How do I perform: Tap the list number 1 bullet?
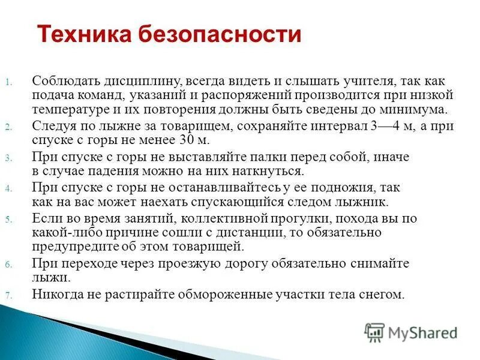click(8, 82)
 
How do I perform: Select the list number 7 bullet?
click(8, 295)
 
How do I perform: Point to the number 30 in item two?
click(188, 141)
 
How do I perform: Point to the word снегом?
click(382, 294)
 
